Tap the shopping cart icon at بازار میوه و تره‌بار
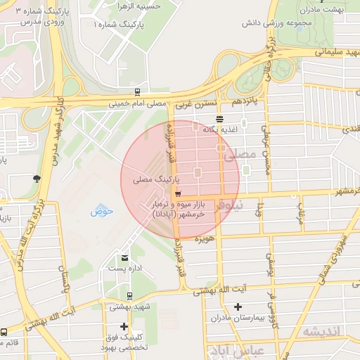pos(177,194)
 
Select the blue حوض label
pos(98,211)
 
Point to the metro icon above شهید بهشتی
pos(129,296)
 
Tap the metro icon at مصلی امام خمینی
pos(137,91)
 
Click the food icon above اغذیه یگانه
pos(220,118)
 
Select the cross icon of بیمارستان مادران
pos(238,307)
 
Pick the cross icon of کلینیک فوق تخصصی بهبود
pos(124,326)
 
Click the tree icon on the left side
pos(36,179)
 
